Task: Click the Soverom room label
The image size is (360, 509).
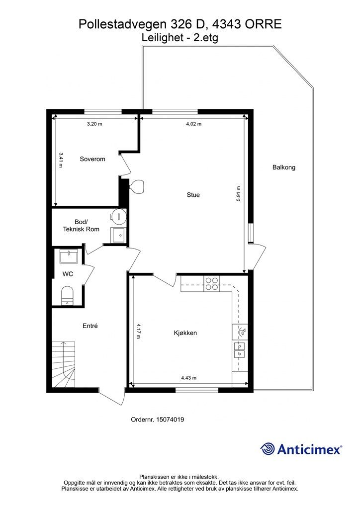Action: [x=92, y=159]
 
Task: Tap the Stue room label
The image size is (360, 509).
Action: [x=193, y=195]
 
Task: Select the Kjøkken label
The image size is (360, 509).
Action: [x=185, y=333]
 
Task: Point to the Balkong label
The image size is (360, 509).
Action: [x=284, y=168]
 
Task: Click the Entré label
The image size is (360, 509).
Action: [x=90, y=326]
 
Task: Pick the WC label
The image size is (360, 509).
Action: [x=68, y=274]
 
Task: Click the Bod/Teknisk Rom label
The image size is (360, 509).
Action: [x=81, y=226]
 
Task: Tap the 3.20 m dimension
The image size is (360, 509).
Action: [x=95, y=124]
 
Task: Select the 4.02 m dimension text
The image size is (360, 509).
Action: [x=194, y=124]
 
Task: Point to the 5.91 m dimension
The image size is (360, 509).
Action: [x=239, y=194]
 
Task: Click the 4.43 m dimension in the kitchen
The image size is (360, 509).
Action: [x=189, y=378]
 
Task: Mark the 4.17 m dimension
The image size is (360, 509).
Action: [x=138, y=331]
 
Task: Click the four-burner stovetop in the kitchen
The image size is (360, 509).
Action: [x=212, y=283]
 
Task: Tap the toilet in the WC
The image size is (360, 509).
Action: [x=68, y=295]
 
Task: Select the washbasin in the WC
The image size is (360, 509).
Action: [x=69, y=256]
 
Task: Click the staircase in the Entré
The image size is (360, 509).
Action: [x=63, y=364]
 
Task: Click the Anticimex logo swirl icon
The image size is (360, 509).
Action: [x=268, y=449]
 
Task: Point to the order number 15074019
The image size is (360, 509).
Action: [x=158, y=420]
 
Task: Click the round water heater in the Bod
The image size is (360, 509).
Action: [x=118, y=216]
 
